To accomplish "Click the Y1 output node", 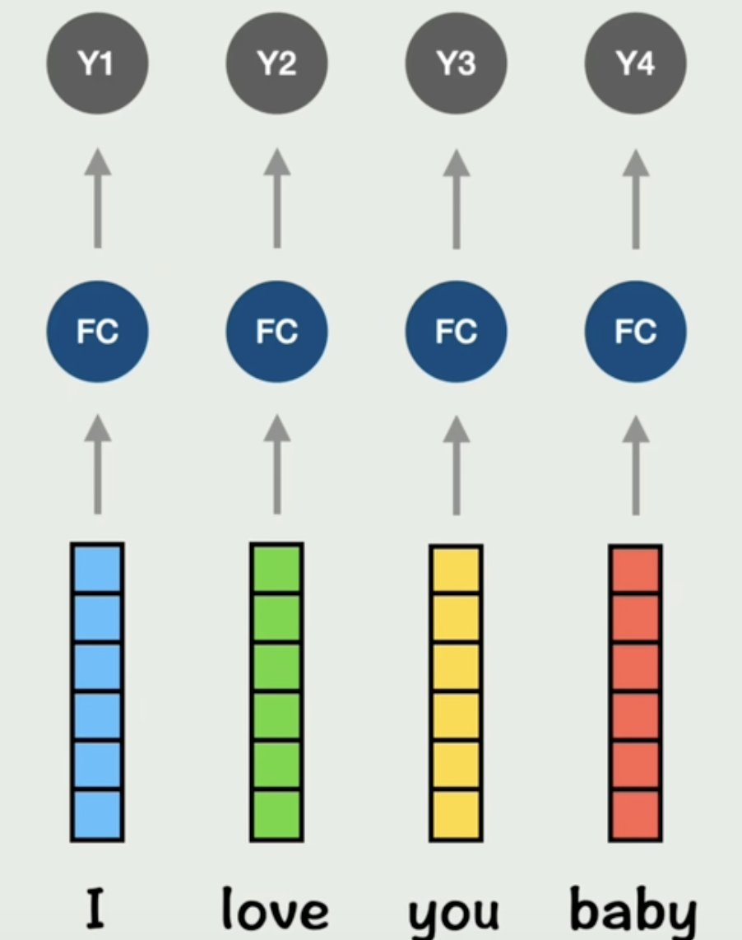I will click(97, 63).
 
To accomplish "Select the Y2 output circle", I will click(276, 63).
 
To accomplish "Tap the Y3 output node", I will click(456, 63).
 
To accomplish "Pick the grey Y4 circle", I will click(635, 63).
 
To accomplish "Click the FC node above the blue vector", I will click(97, 332).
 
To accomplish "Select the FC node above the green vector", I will click(276, 332).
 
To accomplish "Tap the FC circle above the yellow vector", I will click(456, 332).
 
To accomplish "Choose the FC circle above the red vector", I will click(635, 332).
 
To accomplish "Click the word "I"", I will click(97, 910).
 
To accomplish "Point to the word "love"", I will click(275, 910).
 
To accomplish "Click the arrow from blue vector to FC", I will click(97, 465).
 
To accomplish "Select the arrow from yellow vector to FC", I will click(456, 465).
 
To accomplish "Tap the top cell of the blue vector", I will click(97, 568).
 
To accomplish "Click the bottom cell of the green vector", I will click(276, 814).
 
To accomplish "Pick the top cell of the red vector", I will click(635, 568).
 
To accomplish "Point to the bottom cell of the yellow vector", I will click(456, 814).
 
